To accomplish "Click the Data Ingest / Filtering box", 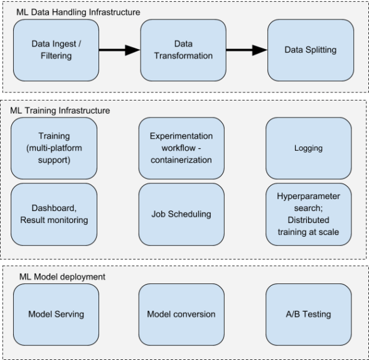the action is click(x=56, y=50).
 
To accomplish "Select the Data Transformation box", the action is click(x=183, y=50).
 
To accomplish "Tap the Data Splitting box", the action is click(x=311, y=50).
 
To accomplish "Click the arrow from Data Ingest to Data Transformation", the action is click(x=120, y=50).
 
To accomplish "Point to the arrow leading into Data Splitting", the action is click(x=247, y=50).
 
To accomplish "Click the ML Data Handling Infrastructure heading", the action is click(x=78, y=13).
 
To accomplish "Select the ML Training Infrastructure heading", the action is click(x=60, y=111).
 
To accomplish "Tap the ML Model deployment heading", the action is click(x=62, y=276).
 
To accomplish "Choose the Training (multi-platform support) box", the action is click(x=54, y=148).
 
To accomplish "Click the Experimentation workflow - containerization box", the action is click(x=181, y=148).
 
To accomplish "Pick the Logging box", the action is click(x=309, y=148).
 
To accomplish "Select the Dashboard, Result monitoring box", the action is click(x=54, y=214).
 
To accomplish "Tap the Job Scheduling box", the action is click(x=181, y=214).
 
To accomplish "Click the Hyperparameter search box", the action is click(x=309, y=214).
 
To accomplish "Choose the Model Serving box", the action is click(x=56, y=315).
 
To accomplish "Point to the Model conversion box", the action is click(x=181, y=315).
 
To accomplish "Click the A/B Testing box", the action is click(x=309, y=315).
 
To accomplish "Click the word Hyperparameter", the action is click(x=308, y=197).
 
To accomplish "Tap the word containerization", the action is click(x=181, y=160).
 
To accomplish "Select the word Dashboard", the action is click(x=54, y=208).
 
